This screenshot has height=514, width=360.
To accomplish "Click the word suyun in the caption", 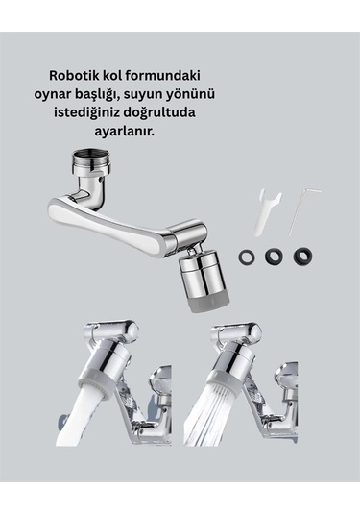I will [199, 94].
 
